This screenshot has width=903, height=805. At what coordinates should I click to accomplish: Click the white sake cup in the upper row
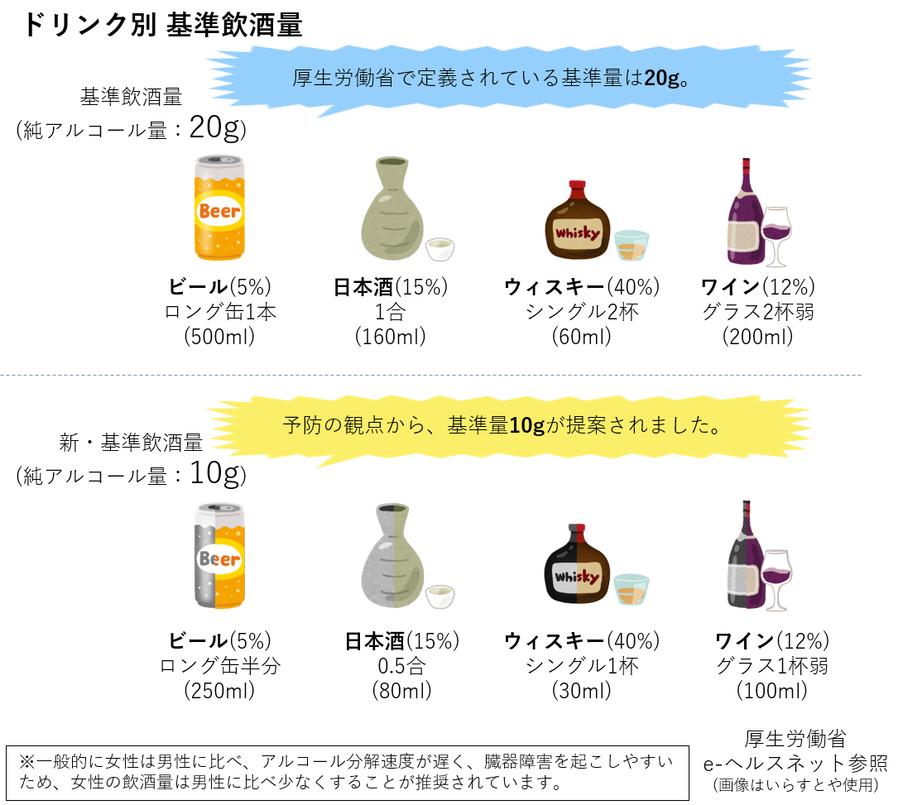coord(439,249)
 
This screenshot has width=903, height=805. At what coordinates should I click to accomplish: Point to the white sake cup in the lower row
coord(439,597)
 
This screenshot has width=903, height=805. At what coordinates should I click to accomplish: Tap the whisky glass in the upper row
coord(632,246)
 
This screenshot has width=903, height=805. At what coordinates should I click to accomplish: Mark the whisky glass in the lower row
coord(632,589)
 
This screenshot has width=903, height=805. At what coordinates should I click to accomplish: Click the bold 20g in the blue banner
coord(661,79)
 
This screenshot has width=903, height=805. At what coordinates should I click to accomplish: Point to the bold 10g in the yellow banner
coord(526,425)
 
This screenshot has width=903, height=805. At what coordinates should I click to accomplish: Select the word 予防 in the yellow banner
coord(300,425)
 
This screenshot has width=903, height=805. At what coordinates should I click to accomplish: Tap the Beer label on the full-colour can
coord(219,211)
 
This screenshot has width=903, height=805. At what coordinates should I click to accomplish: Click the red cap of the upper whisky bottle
coord(577,184)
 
